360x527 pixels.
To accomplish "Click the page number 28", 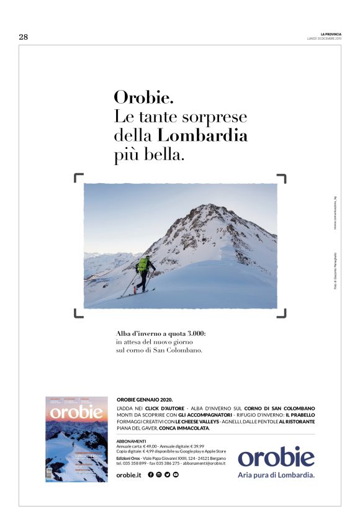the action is click(23, 37).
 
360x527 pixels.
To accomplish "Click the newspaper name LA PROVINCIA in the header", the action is click(331, 34).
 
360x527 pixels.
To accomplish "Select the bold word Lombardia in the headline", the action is click(202, 135).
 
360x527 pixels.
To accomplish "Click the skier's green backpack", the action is click(143, 264).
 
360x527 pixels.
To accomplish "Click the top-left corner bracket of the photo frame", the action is click(78, 178).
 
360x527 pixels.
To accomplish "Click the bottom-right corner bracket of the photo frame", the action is click(282, 313).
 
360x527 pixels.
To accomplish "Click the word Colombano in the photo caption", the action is click(181, 350).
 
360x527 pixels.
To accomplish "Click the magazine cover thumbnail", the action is click(76, 439).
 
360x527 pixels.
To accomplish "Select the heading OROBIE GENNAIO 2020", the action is click(145, 400).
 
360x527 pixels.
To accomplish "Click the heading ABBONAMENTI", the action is click(132, 441).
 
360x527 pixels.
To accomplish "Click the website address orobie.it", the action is click(128, 475).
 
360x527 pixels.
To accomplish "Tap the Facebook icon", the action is click(151, 475).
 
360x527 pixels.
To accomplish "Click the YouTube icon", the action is click(176, 475).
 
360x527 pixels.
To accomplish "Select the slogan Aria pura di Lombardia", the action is click(276, 475).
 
